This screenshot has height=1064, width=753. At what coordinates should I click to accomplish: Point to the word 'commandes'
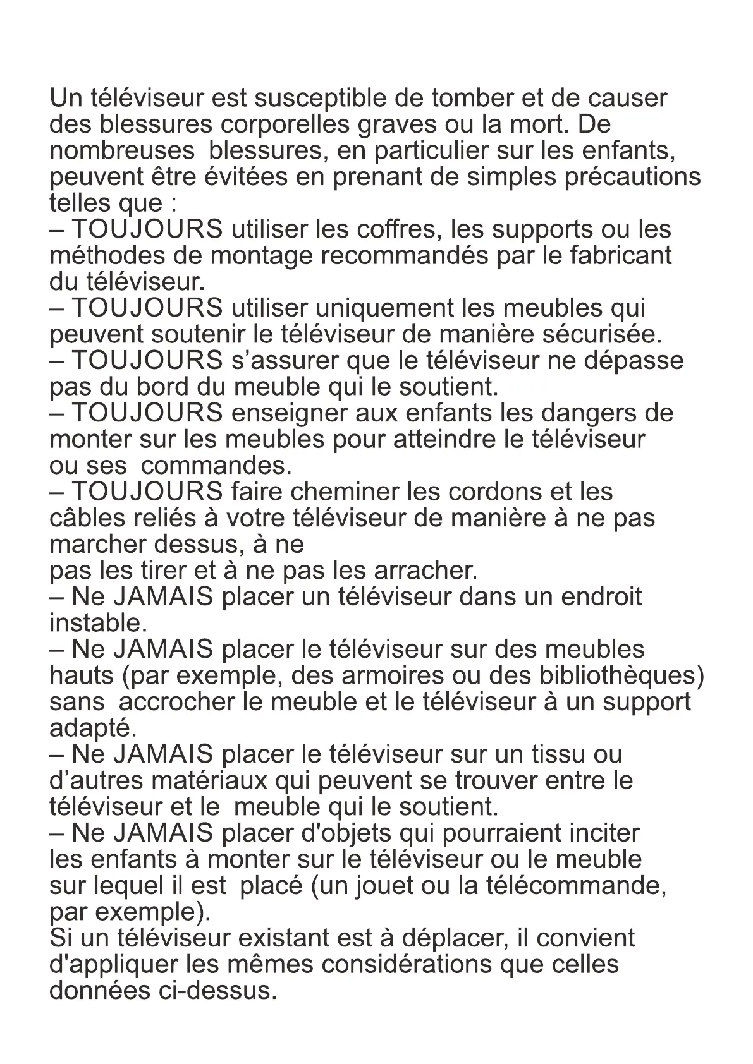coord(216,466)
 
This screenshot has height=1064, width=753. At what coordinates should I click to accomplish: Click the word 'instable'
coord(97,624)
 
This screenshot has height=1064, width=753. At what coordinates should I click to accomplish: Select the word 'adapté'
coord(92,728)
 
